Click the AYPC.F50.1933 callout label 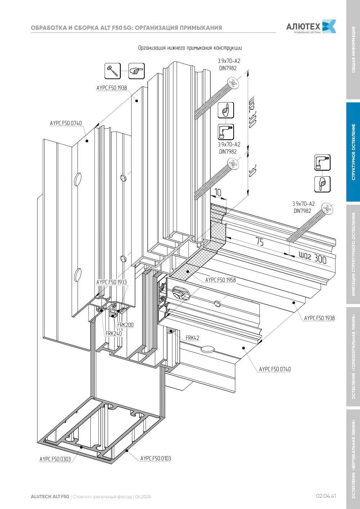pos(112,282)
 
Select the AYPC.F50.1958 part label pos(220,280)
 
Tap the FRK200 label pos(125,325)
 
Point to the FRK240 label pos(113,333)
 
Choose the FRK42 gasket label pos(192,338)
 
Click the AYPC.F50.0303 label pos(55,459)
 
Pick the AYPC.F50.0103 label pos(156,458)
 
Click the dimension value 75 pos(260,241)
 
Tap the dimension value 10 pos(218,192)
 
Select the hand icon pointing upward pos(226,110)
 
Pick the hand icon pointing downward pos(322,184)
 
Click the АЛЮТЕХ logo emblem pos(329,26)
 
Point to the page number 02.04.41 pos(326,496)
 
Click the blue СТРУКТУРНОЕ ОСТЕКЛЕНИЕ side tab pos(353,152)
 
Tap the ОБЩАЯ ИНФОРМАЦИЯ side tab pos(353,50)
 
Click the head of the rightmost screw pos(327,209)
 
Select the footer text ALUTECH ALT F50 pos(50,497)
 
